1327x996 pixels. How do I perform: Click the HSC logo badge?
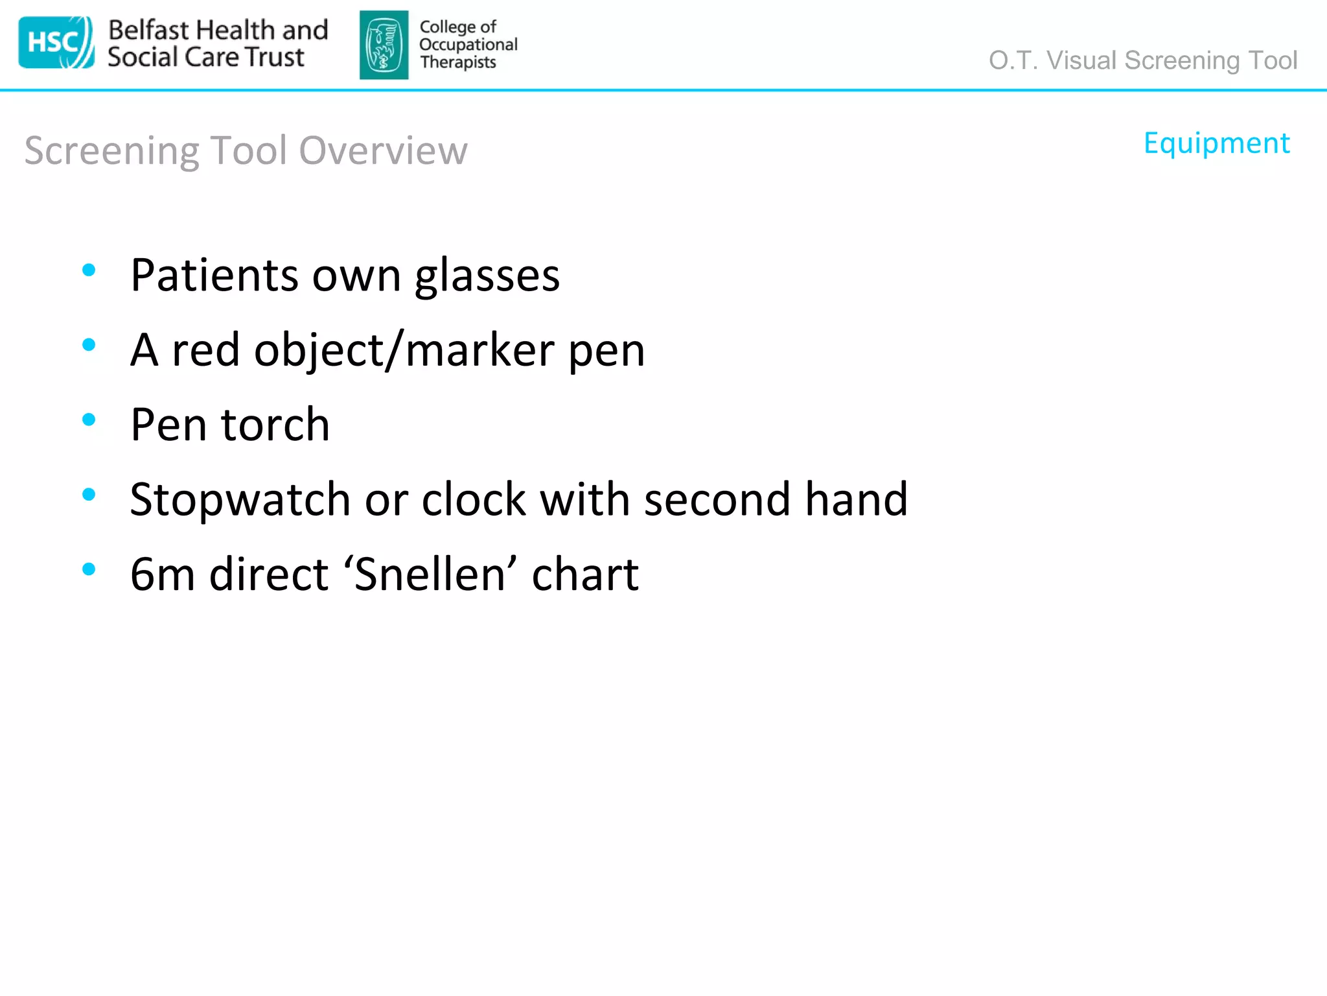tap(56, 43)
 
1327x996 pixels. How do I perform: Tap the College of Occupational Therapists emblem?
tap(384, 45)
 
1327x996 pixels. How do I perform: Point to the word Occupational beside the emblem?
tap(468, 45)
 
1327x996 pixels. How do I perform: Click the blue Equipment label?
tap(1216, 143)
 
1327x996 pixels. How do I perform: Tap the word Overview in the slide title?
tap(383, 150)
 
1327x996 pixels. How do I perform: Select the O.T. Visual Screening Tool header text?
tap(1142, 60)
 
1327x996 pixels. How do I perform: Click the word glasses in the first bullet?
tap(487, 276)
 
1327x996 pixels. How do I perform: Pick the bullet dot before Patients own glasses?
tap(89, 270)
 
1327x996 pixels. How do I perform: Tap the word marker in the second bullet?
tap(479, 350)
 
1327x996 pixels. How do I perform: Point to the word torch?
tap(275, 425)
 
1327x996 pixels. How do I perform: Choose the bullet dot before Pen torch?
tap(89, 420)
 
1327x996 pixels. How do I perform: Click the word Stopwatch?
tap(240, 500)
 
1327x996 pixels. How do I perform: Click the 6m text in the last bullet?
tap(162, 575)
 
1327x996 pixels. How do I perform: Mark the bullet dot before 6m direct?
tap(89, 569)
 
